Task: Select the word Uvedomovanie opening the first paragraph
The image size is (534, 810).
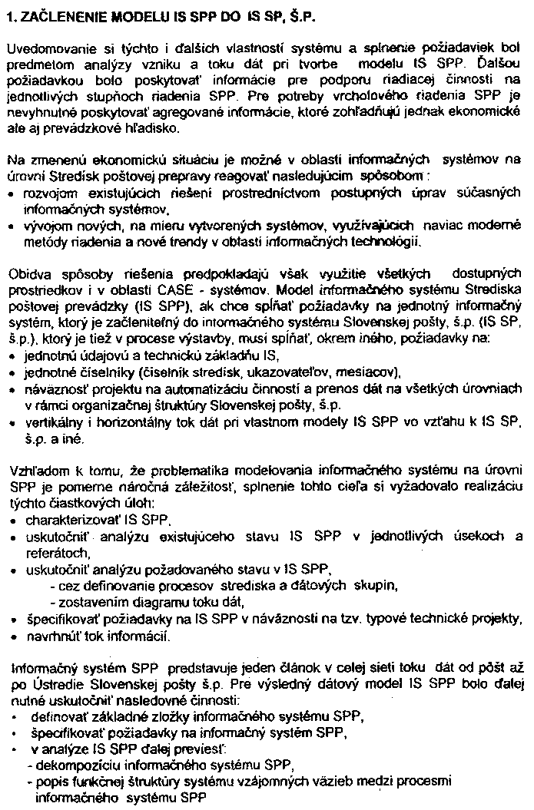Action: point(46,48)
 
